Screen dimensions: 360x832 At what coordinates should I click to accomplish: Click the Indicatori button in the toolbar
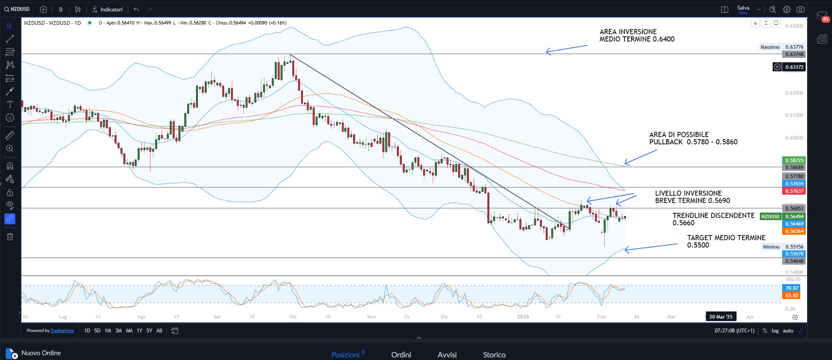point(107,9)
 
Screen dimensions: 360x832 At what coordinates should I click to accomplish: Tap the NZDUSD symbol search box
point(18,9)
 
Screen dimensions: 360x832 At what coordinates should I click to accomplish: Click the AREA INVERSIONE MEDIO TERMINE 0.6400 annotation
point(637,35)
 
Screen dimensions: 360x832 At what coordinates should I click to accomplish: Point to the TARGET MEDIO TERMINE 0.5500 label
point(726,241)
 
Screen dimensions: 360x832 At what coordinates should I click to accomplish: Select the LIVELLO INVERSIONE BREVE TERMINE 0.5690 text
point(692,197)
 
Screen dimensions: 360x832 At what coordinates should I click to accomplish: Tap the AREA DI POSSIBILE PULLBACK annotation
point(693,138)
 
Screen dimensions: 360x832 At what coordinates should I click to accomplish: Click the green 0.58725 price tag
point(794,161)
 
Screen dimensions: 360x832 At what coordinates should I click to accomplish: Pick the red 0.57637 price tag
point(794,191)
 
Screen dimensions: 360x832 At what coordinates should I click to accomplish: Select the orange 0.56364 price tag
point(794,231)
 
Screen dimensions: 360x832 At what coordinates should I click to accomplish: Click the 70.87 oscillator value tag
point(792,288)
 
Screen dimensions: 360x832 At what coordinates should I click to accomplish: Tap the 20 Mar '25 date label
point(720,317)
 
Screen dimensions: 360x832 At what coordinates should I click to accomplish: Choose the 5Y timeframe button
point(149,331)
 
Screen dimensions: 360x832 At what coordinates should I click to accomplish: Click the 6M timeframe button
point(129,331)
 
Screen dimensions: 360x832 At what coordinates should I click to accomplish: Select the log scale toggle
point(775,331)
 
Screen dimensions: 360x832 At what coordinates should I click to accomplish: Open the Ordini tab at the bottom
point(401,355)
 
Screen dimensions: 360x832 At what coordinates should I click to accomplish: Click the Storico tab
point(494,355)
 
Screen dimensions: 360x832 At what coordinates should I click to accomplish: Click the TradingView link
point(62,331)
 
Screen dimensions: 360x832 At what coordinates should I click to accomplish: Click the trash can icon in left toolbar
point(10,237)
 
